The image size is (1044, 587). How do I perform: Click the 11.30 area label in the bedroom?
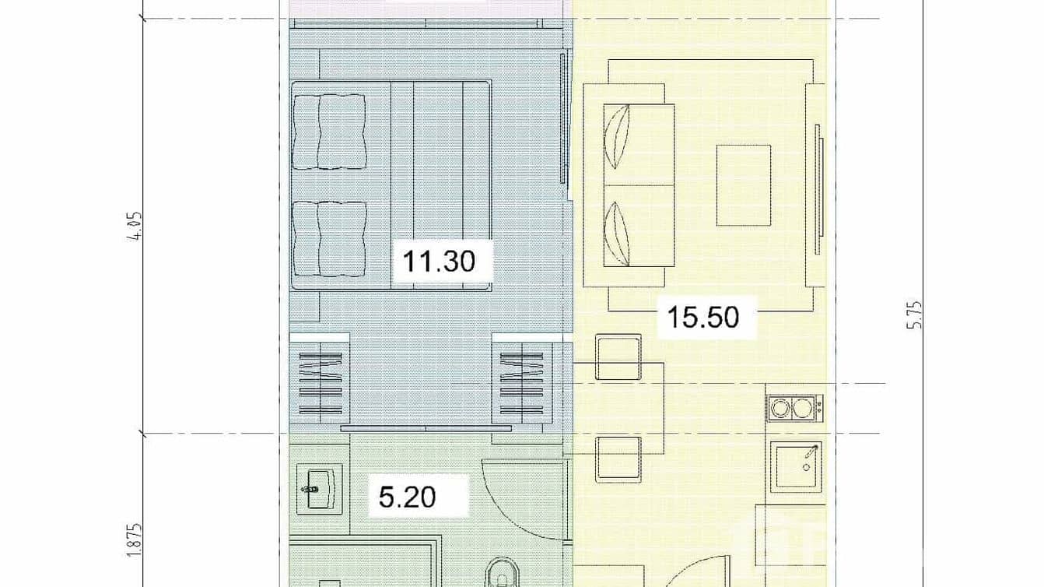coord(439,261)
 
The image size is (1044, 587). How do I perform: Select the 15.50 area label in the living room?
coord(703,318)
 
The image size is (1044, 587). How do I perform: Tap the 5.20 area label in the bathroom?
coord(407,496)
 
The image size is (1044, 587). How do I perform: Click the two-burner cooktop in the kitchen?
coord(794,407)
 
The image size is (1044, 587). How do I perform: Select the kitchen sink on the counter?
coord(797,466)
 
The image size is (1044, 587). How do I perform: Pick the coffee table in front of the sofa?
coord(743,185)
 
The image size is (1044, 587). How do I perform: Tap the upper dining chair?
coord(618,357)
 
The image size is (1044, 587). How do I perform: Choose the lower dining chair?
coord(618,459)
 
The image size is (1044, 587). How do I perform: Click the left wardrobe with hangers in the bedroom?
coord(319,384)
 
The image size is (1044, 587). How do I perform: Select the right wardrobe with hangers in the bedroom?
coord(523,384)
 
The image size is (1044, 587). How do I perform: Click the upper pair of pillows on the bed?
coord(330,132)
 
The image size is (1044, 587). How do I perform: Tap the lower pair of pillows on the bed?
coord(330,239)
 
